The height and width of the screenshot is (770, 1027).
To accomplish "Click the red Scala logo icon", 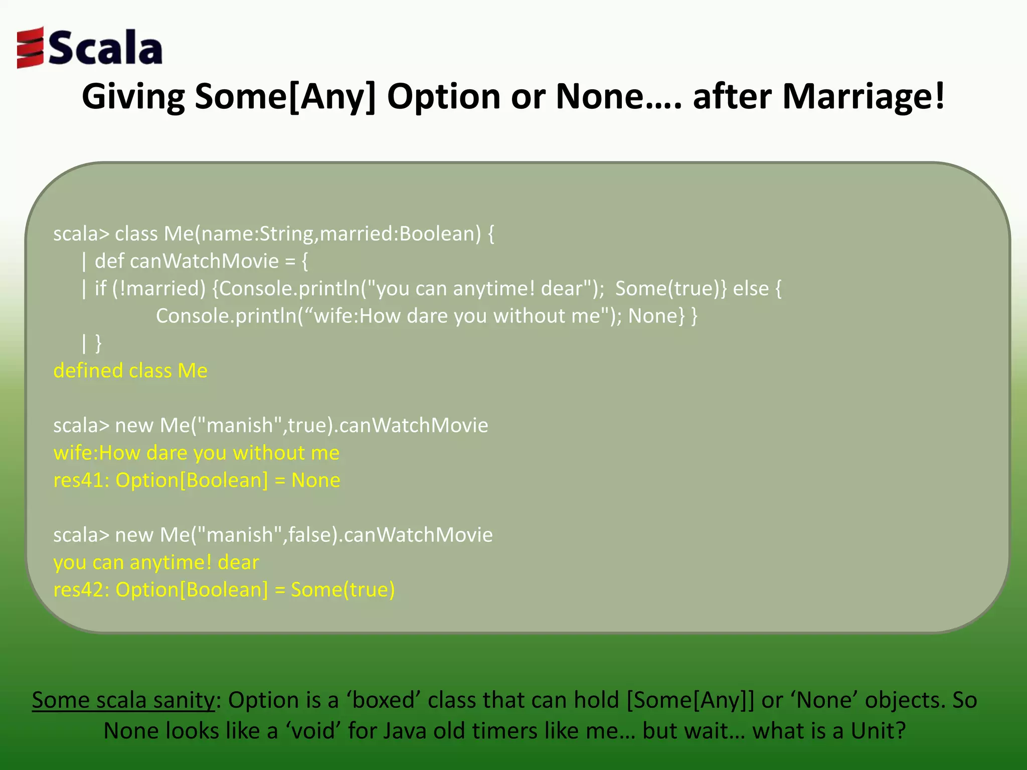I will coord(30,48).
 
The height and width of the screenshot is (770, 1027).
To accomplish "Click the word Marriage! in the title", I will coord(863,96).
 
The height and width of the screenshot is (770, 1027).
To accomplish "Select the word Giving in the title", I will coord(133,96).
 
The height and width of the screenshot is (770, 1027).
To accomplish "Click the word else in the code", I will coord(751,289).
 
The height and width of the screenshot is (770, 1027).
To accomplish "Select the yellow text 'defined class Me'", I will coord(130,371).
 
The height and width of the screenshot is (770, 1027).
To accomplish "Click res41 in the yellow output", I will coord(80,480).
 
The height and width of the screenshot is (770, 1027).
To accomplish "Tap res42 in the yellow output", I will coord(80,590).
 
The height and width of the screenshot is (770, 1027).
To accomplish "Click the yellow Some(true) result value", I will coord(343,590).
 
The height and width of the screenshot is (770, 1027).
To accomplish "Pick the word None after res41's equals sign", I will coord(315,480).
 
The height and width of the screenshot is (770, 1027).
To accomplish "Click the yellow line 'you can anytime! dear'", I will coord(156,562).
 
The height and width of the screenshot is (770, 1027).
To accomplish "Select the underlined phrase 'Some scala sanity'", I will coord(123,700).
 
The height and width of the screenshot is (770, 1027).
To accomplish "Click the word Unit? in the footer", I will coord(878,731).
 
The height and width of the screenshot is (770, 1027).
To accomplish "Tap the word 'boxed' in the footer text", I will coord(384,700).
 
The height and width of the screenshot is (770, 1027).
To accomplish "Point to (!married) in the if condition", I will coord(159,289).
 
